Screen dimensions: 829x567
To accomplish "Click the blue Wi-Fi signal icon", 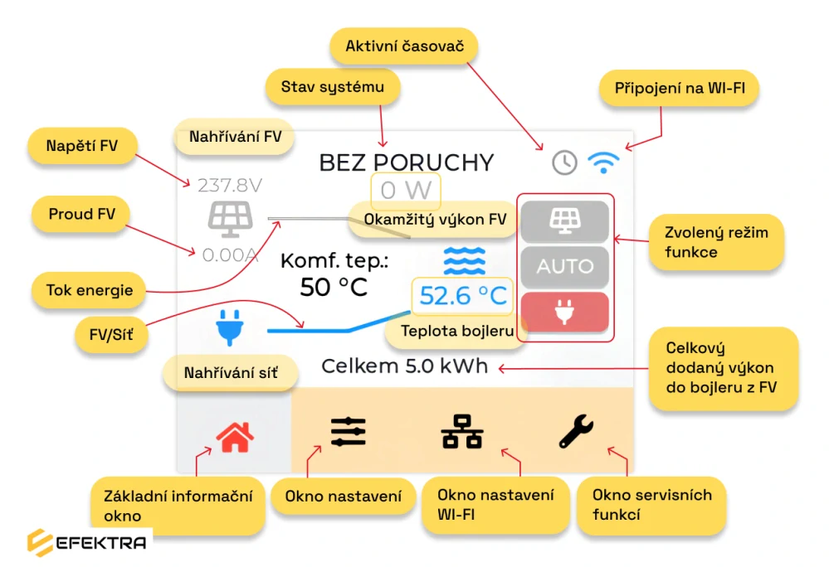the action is point(603,162).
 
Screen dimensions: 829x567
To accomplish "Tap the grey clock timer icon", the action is point(564,162).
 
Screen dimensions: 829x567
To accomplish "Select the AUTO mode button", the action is point(564,266).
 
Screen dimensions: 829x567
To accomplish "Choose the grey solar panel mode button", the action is point(564,220).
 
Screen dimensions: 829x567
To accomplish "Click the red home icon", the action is point(235,437).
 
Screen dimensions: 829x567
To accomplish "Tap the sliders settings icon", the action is point(349,432).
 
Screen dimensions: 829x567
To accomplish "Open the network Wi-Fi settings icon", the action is point(461,432).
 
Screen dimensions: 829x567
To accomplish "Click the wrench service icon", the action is point(576,431).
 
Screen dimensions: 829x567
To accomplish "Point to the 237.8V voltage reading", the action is point(230,186).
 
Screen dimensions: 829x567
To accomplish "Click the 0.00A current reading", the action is point(230,255).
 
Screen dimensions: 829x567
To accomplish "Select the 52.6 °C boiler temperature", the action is point(462,296).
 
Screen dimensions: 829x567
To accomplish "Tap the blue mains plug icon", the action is point(230,327).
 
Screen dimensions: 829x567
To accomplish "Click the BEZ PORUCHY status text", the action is point(406,162).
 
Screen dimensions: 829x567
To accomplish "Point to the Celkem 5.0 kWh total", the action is point(404,366).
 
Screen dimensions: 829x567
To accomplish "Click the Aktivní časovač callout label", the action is point(404,46).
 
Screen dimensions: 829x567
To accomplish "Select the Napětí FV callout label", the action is point(82,146).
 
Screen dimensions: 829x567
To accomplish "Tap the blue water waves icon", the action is point(464,261).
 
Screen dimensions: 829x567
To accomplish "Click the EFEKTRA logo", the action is point(87,543).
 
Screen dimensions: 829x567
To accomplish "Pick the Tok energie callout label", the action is point(89,290).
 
